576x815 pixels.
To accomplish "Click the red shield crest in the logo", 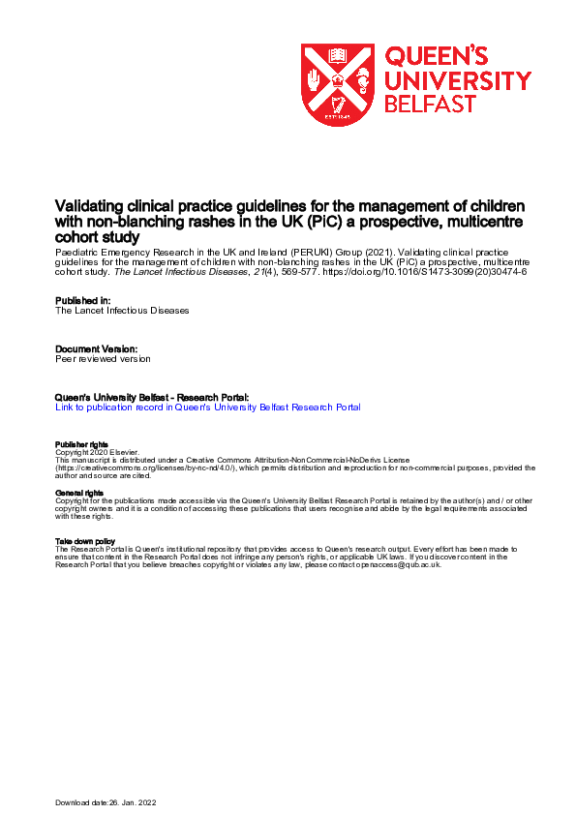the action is [339, 84].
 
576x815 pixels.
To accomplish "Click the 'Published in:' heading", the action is [83, 300].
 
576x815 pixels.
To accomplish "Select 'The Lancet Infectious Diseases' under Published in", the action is [122, 311].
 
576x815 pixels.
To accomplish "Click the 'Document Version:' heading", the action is [97, 347].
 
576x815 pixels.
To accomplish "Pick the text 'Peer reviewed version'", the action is [104, 358].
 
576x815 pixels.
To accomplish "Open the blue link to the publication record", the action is [208, 407].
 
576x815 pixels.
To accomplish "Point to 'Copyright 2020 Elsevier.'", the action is [98, 452].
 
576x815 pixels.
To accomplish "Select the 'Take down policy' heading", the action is [85, 541].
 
